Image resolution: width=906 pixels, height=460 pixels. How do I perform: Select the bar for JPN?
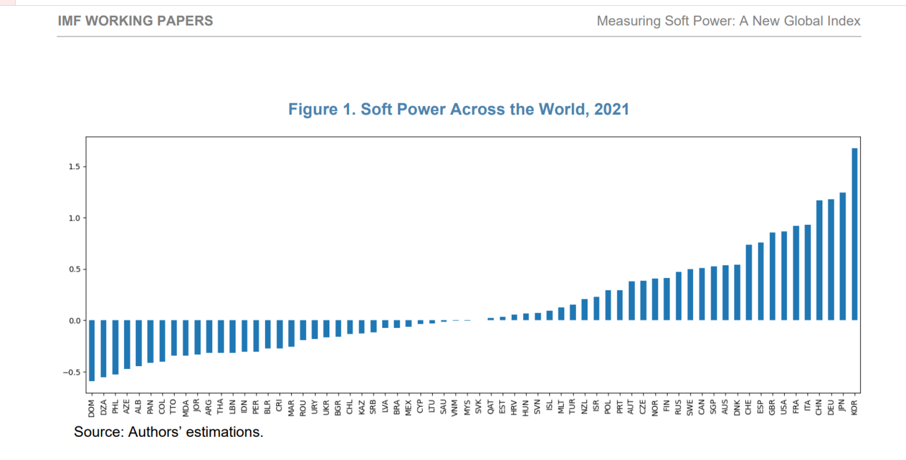click(x=842, y=256)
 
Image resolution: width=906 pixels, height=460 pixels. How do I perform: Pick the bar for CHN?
click(x=819, y=260)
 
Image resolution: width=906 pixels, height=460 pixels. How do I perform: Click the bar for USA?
click(x=784, y=276)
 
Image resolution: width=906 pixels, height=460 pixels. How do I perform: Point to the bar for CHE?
click(x=749, y=282)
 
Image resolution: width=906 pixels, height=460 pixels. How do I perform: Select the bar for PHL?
click(x=115, y=347)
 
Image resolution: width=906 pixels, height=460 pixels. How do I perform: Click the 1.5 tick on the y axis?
click(x=75, y=167)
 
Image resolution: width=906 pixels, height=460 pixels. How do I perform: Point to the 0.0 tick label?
click(x=75, y=321)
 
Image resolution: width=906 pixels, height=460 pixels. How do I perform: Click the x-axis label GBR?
click(x=772, y=407)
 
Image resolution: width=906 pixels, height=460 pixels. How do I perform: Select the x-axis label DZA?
click(x=103, y=407)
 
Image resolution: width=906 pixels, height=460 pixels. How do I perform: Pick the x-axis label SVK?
click(x=478, y=407)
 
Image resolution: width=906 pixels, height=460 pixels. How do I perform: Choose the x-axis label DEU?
click(x=830, y=407)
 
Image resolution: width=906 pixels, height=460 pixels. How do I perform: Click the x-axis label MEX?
click(x=408, y=407)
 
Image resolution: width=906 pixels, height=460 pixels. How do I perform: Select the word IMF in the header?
click(x=69, y=21)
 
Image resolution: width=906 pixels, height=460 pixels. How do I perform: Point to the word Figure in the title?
click(x=313, y=109)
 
